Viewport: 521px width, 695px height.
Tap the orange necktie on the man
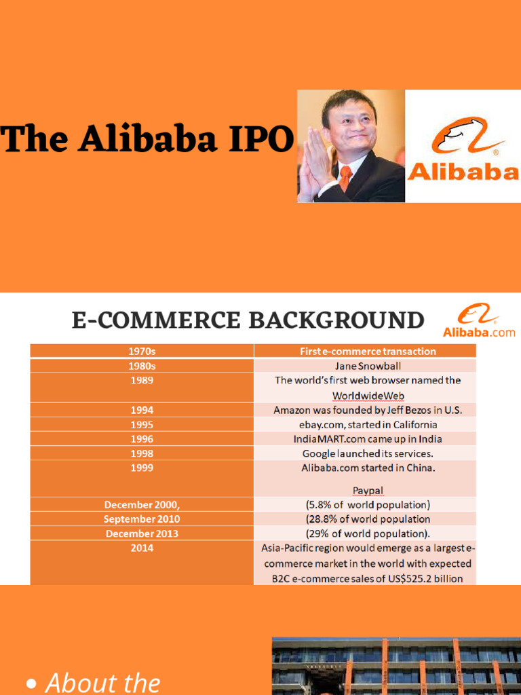click(x=346, y=178)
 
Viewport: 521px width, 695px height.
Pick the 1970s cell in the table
click(x=142, y=351)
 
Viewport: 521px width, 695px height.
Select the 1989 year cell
click(x=142, y=381)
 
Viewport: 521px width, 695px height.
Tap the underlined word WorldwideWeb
click(x=368, y=395)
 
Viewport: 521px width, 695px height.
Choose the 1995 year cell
click(x=142, y=425)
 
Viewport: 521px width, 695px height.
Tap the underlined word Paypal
click(x=368, y=490)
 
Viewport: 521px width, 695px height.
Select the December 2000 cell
click(x=142, y=505)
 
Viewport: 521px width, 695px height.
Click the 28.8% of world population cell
click(x=368, y=519)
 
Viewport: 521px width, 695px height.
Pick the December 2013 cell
click(x=142, y=533)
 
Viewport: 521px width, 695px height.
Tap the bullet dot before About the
click(x=31, y=685)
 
